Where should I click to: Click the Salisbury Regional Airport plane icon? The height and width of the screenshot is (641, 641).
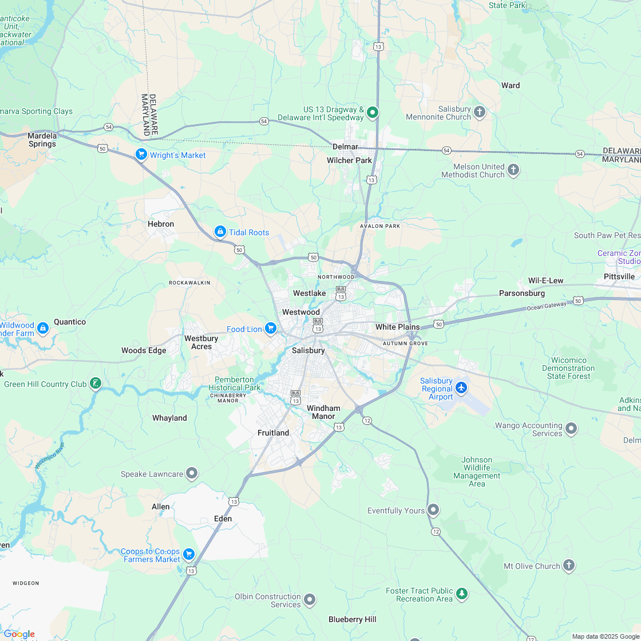(461, 389)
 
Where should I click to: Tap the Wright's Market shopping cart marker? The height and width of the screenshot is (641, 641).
(141, 155)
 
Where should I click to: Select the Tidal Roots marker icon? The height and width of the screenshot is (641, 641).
(220, 232)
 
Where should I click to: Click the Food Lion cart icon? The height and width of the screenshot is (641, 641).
(271, 329)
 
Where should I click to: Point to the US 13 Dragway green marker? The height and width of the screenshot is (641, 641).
(373, 112)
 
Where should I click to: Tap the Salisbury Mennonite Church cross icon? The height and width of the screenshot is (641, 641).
(480, 112)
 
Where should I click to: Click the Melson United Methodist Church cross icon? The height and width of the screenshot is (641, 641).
(513, 170)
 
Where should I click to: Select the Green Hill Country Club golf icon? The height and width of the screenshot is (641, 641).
(96, 383)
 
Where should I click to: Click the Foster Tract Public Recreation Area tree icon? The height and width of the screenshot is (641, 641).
(462, 595)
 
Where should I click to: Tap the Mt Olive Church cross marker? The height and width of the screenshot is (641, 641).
(568, 565)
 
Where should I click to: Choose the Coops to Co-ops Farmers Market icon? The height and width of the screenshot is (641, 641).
(189, 555)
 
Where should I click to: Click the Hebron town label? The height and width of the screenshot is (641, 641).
(161, 224)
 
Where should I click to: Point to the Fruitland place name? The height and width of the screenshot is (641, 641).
(273, 433)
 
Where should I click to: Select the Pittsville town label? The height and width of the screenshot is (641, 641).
(619, 276)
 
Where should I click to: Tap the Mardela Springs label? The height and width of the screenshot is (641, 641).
(42, 140)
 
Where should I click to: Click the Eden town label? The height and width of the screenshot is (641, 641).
(223, 519)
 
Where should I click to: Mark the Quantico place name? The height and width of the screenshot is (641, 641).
(70, 322)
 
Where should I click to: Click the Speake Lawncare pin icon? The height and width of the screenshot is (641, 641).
(192, 473)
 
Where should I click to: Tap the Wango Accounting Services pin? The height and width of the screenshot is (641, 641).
(571, 429)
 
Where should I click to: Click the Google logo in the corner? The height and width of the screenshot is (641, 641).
(19, 634)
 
